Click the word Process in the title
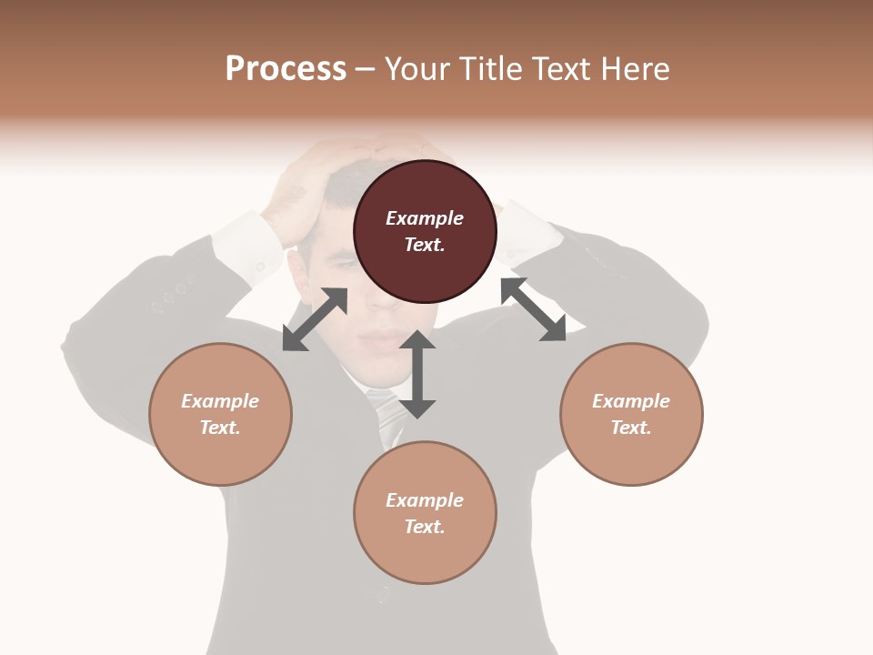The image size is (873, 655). (286, 69)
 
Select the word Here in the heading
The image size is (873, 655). (635, 69)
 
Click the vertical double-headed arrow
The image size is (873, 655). (417, 374)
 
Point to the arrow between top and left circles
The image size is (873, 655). (315, 319)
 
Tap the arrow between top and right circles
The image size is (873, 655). (534, 309)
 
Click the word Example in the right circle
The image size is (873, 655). (631, 401)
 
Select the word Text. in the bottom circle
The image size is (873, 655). (425, 527)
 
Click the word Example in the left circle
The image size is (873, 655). (220, 401)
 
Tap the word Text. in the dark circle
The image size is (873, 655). (425, 245)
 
